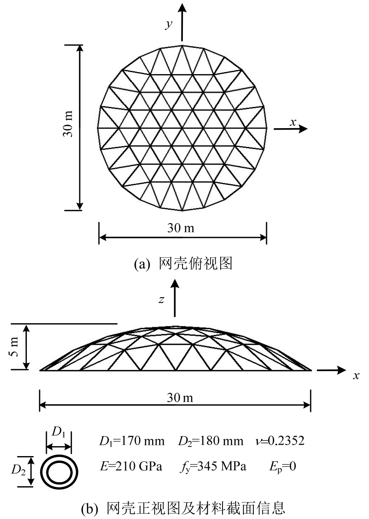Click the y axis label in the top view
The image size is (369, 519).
169,24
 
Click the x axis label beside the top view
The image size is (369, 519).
293,122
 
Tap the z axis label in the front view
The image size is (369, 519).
161,300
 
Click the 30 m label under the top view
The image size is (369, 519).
181,228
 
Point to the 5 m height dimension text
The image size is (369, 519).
14,347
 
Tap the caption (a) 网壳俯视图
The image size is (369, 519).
183,264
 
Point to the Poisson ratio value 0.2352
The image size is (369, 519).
286,441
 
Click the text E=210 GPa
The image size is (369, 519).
131,466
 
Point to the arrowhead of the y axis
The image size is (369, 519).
182,8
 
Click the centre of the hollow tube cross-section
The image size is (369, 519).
59,473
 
